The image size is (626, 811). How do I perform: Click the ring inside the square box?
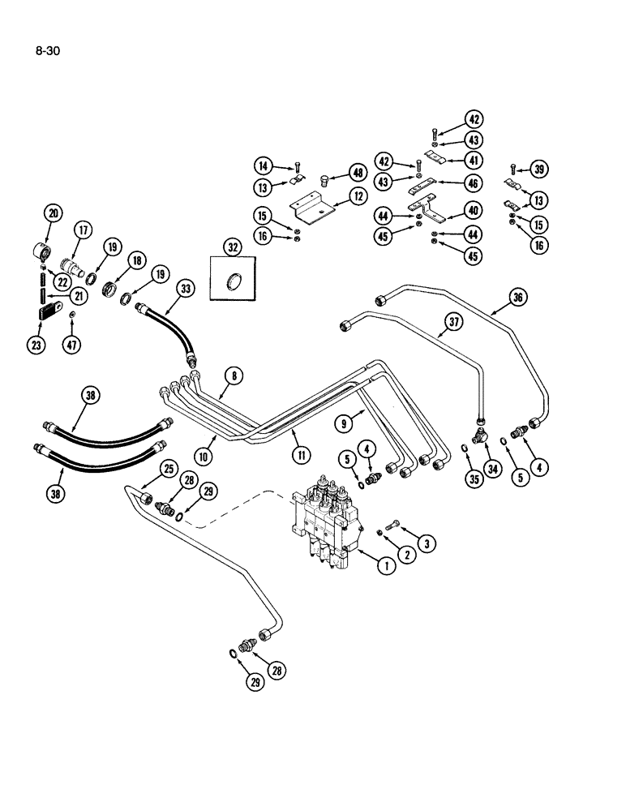coord(234,283)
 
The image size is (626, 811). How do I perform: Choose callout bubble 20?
coord(54,214)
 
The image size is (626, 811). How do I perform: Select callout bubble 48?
coord(358,172)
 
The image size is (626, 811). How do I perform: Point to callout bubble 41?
coord(473,160)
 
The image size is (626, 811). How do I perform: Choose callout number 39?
coord(538,169)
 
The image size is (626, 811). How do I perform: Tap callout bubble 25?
coord(169,468)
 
